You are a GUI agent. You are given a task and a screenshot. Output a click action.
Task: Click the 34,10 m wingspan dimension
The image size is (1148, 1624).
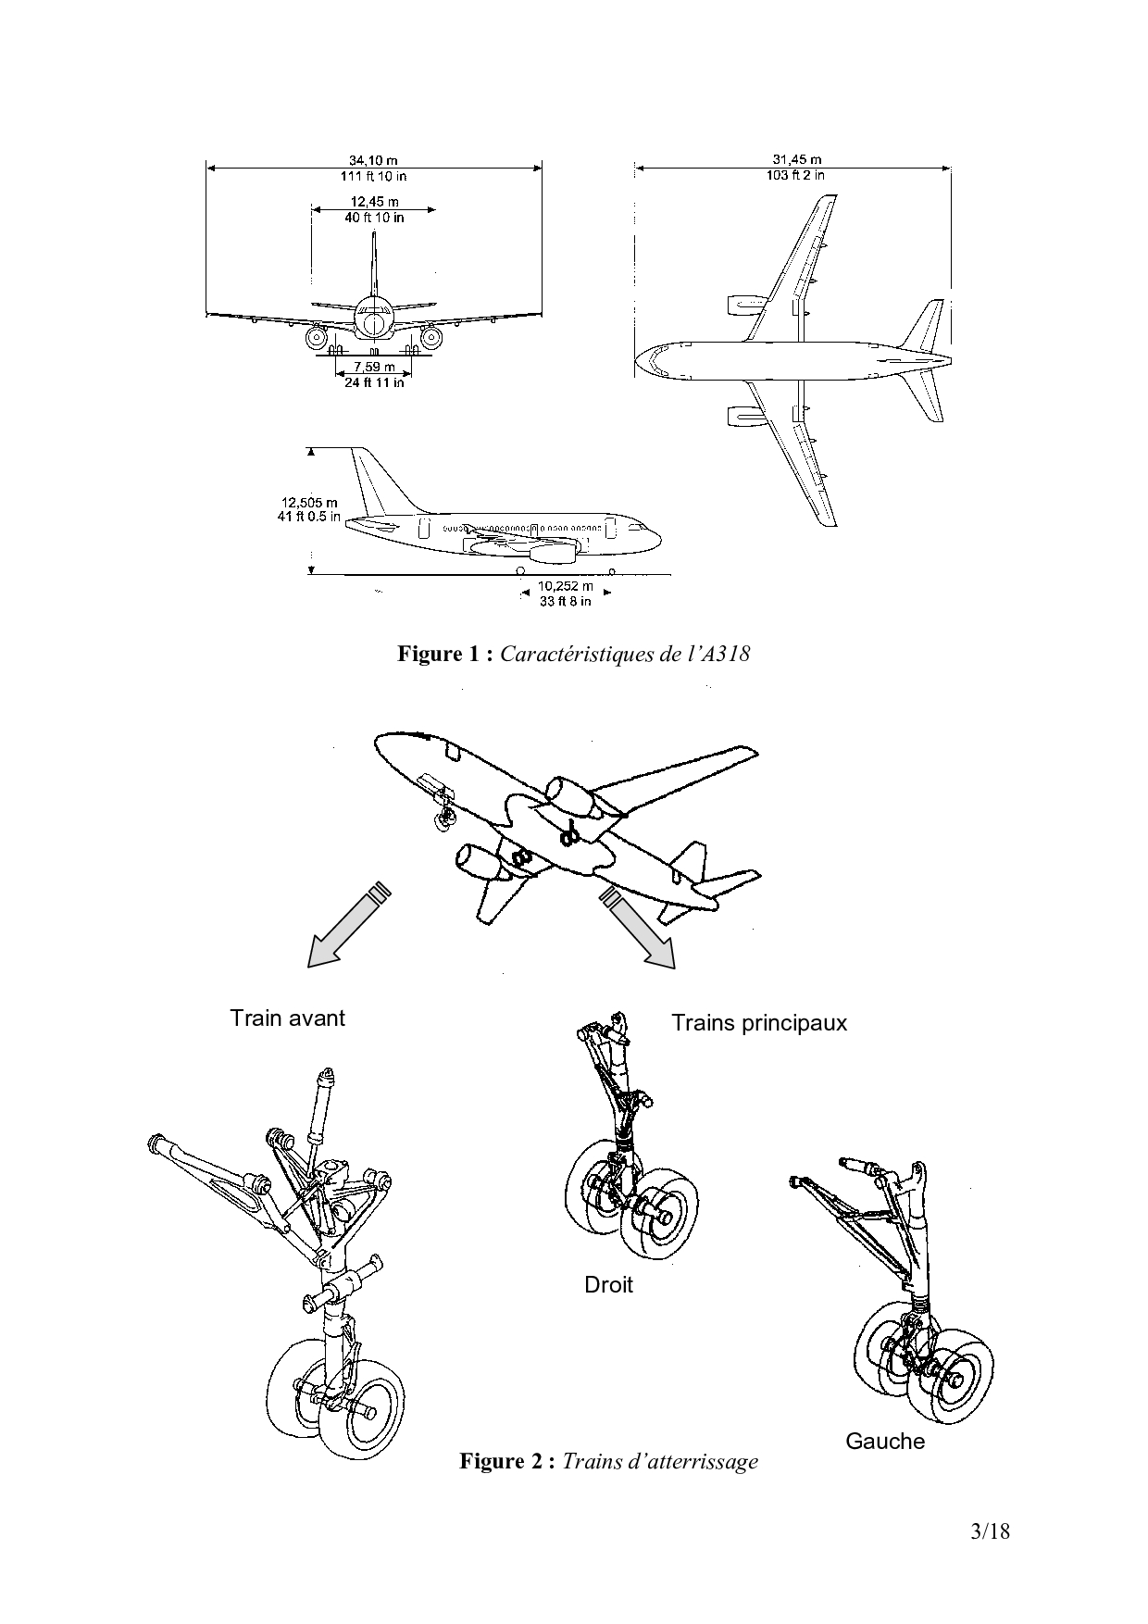pyautogui.click(x=374, y=159)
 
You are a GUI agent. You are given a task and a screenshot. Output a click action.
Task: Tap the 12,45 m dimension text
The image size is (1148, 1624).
pyautogui.click(x=374, y=202)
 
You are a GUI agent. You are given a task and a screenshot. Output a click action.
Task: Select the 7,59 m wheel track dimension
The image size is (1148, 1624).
pyautogui.click(x=374, y=368)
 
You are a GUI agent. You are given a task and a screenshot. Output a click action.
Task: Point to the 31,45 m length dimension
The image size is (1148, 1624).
pyautogui.click(x=796, y=159)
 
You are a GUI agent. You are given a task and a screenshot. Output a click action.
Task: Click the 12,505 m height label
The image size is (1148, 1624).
pyautogui.click(x=309, y=504)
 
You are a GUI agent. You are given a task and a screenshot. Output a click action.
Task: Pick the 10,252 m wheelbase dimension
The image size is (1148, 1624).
pyautogui.click(x=565, y=586)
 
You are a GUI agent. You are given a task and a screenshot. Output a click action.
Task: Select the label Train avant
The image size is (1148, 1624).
pyautogui.click(x=287, y=1018)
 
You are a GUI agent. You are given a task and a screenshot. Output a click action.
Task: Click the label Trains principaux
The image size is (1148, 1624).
pyautogui.click(x=758, y=1023)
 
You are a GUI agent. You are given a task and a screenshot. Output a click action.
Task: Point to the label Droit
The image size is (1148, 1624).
pyautogui.click(x=608, y=1284)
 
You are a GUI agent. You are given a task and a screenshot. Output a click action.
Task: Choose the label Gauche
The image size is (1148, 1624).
pyautogui.click(x=884, y=1441)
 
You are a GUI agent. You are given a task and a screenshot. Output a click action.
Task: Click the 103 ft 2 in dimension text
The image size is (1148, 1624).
pyautogui.click(x=796, y=174)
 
